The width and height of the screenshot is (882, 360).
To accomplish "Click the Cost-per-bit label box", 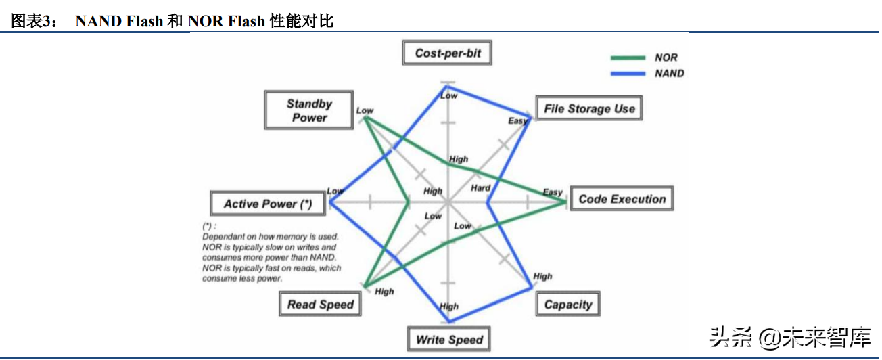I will point(447,53).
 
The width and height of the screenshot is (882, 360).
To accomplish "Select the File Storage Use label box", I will point(588,108).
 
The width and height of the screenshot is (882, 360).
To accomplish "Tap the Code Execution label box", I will point(622,199).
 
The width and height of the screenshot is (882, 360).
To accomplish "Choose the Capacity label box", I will point(567,305).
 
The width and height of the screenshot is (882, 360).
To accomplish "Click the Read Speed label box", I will point(320,305).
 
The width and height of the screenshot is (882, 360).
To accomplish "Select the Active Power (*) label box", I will point(268,204).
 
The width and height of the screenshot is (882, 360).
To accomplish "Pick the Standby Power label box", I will point(309,111).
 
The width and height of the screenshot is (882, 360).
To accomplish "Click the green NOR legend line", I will point(628,58).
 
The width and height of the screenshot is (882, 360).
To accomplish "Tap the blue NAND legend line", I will point(628,73).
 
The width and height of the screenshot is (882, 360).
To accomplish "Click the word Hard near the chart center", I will point(480,187).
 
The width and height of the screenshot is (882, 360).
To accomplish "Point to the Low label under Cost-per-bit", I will point(449,96).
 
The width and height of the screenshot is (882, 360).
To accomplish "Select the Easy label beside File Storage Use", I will point(517,120).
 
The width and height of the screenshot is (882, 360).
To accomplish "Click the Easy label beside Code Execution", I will point(553,192).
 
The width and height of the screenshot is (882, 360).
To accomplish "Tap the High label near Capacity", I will point(542,276).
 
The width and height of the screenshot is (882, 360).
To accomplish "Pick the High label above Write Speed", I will point(449,307).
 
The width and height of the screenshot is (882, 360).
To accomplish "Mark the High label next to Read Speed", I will point(384,292).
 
